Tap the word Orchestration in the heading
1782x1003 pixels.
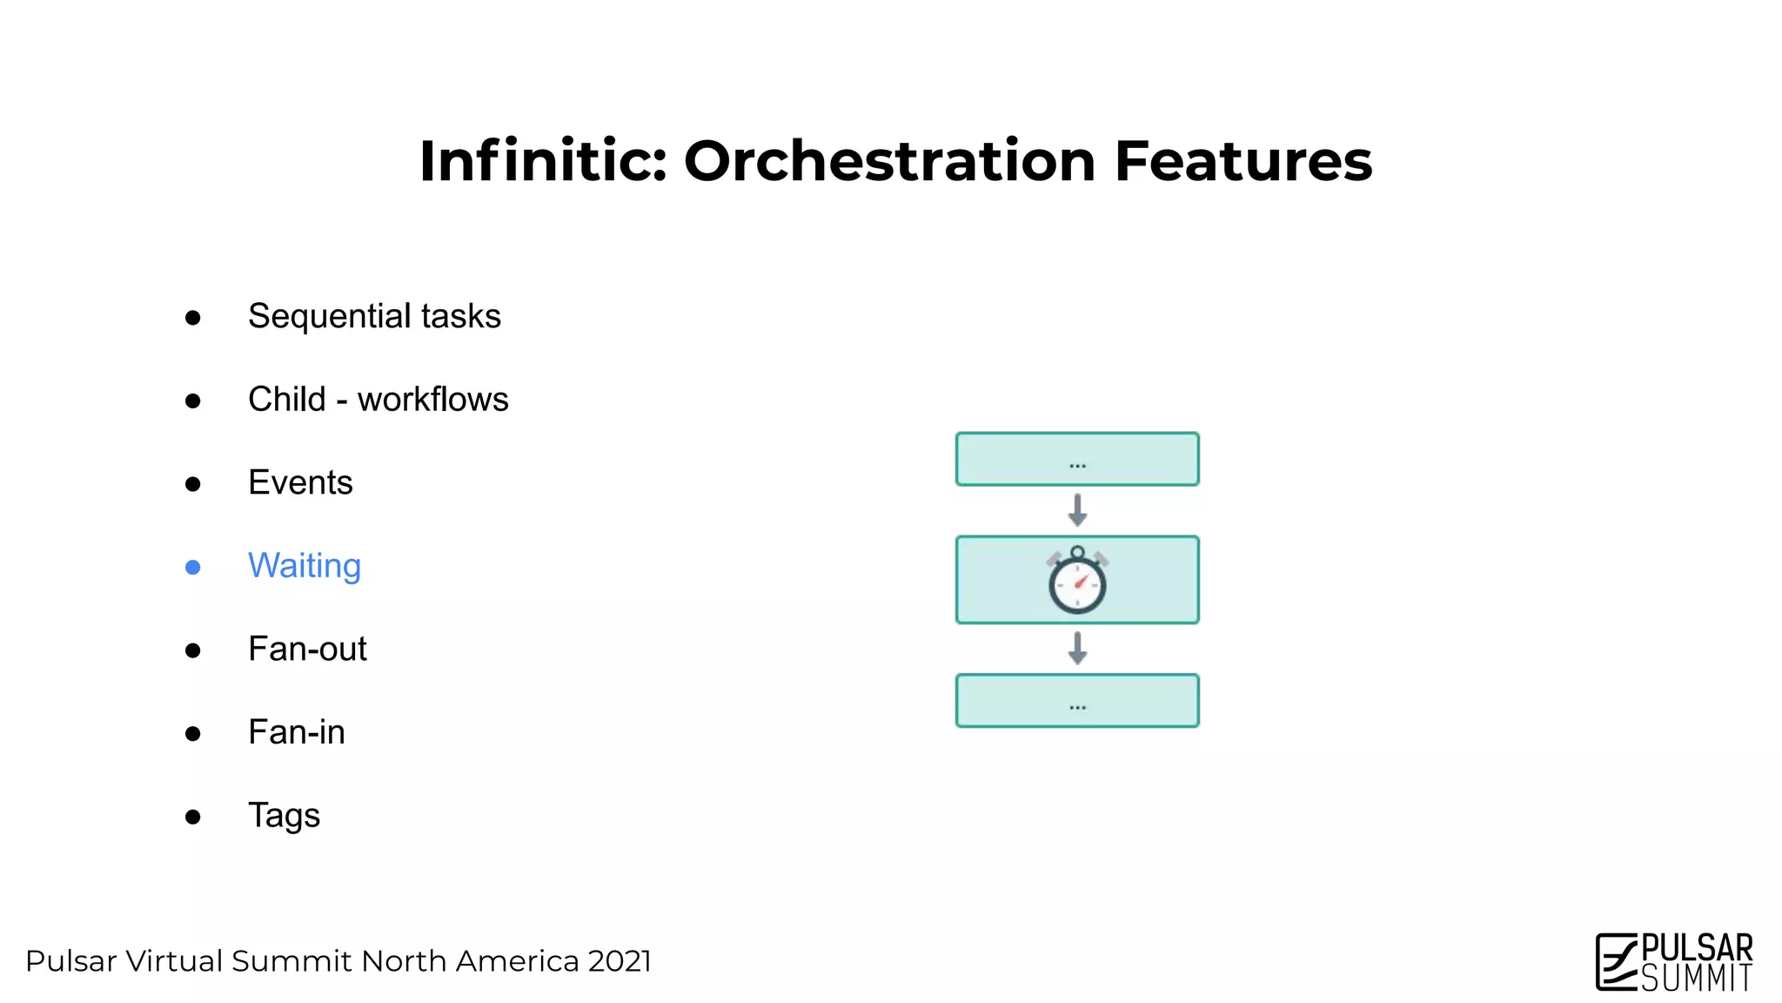(889, 162)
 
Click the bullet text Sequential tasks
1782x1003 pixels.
(374, 316)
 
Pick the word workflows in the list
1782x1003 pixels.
(432, 400)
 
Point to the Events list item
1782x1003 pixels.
(300, 482)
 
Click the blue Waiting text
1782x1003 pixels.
(304, 566)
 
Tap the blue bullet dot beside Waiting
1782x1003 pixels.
(193, 568)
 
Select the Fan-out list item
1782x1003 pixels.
(307, 650)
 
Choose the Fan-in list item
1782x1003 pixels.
(296, 732)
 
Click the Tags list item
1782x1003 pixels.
(284, 816)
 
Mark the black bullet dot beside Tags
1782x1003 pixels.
(193, 817)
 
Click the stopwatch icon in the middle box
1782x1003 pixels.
(1077, 581)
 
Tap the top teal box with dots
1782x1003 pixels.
(1077, 459)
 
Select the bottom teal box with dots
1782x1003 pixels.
(1077, 700)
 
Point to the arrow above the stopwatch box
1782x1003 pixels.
(1077, 510)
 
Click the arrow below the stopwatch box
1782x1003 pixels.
(1077, 648)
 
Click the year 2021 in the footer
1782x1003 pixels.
(619, 961)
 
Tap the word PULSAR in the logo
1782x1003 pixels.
(1696, 948)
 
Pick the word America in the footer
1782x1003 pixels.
(517, 961)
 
